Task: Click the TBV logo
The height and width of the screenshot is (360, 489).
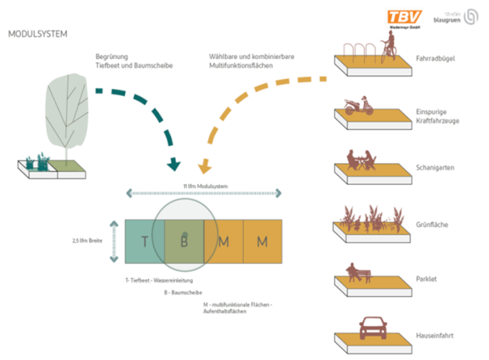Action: coord(405,17)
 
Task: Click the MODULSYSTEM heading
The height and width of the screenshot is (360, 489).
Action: coord(37,34)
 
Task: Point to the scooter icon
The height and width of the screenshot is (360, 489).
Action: coord(358,106)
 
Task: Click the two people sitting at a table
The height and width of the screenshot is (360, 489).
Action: coord(360,160)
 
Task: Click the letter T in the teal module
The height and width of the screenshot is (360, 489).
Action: coord(145,241)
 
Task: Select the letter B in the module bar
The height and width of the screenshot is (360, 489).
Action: coord(184,241)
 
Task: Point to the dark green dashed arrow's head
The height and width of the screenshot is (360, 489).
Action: coord(173,166)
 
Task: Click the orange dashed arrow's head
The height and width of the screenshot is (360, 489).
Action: coord(204,168)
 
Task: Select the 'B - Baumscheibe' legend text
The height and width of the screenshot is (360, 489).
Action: coord(182,293)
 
